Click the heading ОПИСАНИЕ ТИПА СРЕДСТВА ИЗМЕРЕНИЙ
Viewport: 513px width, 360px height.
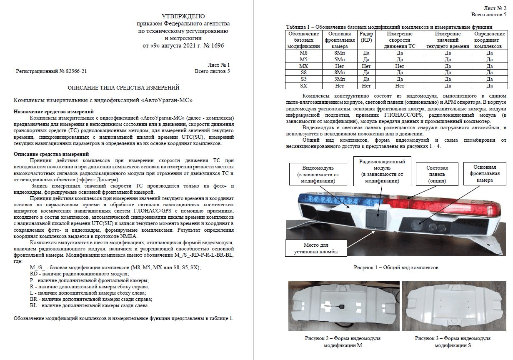pyautogui.click(x=123, y=87)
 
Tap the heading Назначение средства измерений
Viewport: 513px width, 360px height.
pyautogui.click(x=53, y=112)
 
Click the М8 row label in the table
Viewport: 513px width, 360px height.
pyautogui.click(x=304, y=53)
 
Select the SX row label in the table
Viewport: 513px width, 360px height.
pyautogui.click(x=304, y=86)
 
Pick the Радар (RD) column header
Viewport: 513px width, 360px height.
pyautogui.click(x=367, y=37)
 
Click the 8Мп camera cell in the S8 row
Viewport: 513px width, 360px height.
pyautogui.click(x=339, y=73)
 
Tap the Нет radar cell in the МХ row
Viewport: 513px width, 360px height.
pyautogui.click(x=367, y=66)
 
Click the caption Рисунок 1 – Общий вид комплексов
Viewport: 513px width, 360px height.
pyautogui.click(x=395, y=267)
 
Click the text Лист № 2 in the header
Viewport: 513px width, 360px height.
pyautogui.click(x=495, y=8)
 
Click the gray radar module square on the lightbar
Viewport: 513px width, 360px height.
pyautogui.click(x=376, y=217)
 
